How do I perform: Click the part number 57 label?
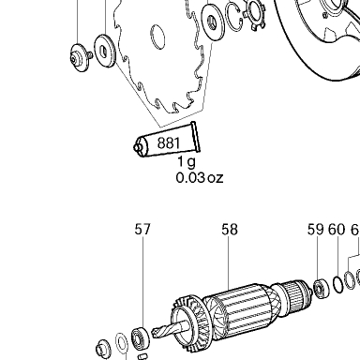142,229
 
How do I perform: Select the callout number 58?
230,229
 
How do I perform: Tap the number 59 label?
315,229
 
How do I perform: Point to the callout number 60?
337,229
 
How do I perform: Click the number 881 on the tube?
169,142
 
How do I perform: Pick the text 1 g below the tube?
187,161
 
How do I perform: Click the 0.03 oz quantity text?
200,178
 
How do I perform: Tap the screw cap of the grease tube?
138,146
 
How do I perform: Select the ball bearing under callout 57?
140,337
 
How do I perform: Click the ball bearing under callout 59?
322,289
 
